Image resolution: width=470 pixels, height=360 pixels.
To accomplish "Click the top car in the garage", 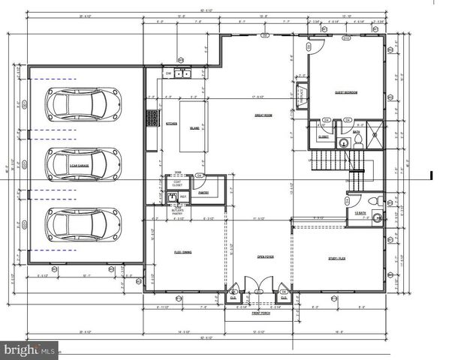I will (x=83, y=103).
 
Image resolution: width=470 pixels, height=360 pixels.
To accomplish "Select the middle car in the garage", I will (x=83, y=163).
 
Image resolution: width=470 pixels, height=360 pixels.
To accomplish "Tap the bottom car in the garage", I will (x=83, y=222).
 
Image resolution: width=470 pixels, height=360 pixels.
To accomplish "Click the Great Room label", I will (x=262, y=115).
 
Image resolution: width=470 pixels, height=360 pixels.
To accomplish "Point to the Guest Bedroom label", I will (x=345, y=92).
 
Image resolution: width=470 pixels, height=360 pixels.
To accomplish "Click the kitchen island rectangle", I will (x=194, y=127).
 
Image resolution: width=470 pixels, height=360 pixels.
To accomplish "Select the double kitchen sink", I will (x=182, y=73).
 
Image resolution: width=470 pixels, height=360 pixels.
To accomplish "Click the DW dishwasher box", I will (x=169, y=73).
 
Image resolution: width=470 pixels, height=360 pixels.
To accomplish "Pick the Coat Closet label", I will (x=177, y=182).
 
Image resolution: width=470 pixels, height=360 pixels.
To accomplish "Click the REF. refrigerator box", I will (x=182, y=197).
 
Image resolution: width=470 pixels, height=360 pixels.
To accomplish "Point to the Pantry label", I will (x=203, y=193).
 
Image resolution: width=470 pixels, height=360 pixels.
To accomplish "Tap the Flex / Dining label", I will (x=182, y=253).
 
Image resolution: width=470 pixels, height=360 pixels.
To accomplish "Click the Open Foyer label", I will (x=265, y=256).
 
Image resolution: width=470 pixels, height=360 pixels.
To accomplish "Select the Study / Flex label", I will (x=336, y=256).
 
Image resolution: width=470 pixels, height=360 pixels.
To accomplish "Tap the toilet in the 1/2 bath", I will (x=373, y=202).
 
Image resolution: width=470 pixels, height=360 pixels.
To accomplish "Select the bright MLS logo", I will (x=29, y=349).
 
